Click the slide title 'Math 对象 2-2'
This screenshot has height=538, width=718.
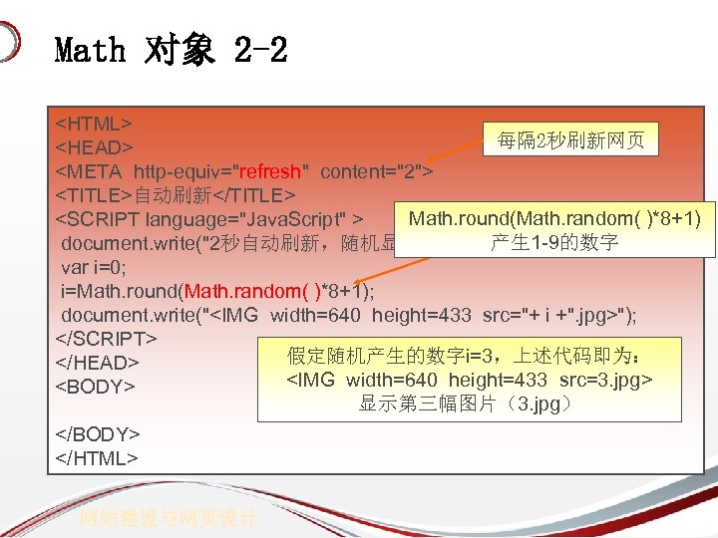(171, 49)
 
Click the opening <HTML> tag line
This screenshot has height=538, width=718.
(94, 124)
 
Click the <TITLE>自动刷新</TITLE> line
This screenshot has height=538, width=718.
(176, 193)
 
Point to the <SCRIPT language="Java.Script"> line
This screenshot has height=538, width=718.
(208, 218)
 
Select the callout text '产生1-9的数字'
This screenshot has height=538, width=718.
(554, 242)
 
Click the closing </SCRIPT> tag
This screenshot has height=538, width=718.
(105, 339)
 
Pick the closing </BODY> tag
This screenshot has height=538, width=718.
(97, 434)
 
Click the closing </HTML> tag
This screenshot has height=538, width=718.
(97, 458)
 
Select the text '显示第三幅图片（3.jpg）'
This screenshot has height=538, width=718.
(466, 404)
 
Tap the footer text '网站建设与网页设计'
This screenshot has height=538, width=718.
(169, 518)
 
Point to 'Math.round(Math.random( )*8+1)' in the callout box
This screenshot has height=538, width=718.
(554, 218)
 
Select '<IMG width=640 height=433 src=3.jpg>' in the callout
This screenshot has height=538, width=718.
(470, 381)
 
